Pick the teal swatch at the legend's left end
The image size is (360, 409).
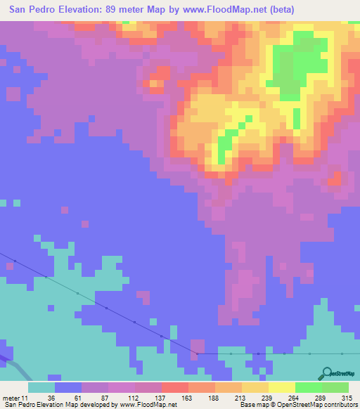(x=41, y=387)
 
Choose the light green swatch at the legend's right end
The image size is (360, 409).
(x=335, y=387)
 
